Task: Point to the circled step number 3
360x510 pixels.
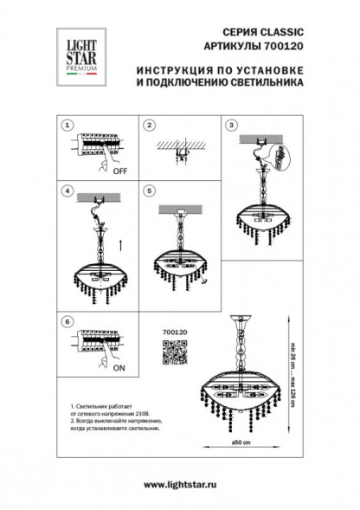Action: click(231, 125)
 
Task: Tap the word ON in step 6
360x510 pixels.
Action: click(119, 367)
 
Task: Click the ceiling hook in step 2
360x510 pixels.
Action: click(179, 155)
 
